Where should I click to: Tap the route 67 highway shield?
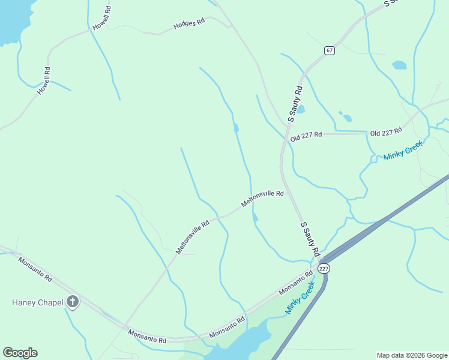pos(330,50)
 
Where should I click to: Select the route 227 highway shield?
pos(324,268)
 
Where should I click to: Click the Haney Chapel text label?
pos(37,302)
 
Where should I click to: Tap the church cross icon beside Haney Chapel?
pos(73,301)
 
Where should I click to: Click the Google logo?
pos(20,353)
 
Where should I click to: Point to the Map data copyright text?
pos(412,355)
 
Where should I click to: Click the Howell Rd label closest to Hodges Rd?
pos(102,19)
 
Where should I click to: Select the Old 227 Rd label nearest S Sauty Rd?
pos(306,136)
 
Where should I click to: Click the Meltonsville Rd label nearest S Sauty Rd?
pos(262,199)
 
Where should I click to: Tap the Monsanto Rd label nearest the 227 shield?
pos(296,283)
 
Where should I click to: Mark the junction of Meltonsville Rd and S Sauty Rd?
pos(289,193)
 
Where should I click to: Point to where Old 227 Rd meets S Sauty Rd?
pos(285,138)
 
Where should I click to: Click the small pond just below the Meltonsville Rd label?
pos(255,217)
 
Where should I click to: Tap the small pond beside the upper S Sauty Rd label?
pos(301,109)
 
